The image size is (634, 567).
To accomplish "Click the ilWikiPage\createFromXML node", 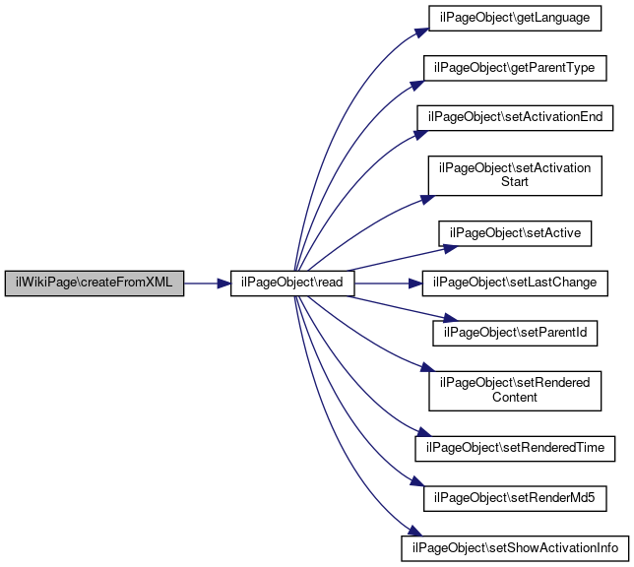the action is [95, 283].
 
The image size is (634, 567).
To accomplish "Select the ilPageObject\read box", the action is [292, 283].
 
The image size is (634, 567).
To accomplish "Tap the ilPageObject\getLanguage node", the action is [515, 18].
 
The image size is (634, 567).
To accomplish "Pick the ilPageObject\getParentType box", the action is [515, 68].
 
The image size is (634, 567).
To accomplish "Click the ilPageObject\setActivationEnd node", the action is [515, 118].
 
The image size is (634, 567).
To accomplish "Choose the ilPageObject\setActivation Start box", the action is [515, 175].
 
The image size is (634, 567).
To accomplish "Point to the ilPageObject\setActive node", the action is [515, 233].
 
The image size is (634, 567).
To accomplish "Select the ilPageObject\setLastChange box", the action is [515, 283].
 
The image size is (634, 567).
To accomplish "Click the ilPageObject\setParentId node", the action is [515, 334].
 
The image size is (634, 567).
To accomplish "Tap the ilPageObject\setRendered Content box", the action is [515, 391].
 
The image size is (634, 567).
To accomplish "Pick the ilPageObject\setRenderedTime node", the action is [515, 449].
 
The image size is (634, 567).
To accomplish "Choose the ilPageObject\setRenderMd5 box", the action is [515, 499].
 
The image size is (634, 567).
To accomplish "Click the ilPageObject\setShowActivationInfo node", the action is [515, 548].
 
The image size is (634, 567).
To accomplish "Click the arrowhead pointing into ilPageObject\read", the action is [223, 283].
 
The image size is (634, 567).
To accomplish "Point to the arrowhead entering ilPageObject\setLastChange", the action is [415, 283].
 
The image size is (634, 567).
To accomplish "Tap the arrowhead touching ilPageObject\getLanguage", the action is [421, 32].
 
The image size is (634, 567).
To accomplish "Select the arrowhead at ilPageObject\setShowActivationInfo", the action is [414, 531].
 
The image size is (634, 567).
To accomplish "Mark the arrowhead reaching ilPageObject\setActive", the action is [451, 248].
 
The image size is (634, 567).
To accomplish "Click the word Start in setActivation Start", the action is [515, 181].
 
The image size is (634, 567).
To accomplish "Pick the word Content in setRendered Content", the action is [515, 397].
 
